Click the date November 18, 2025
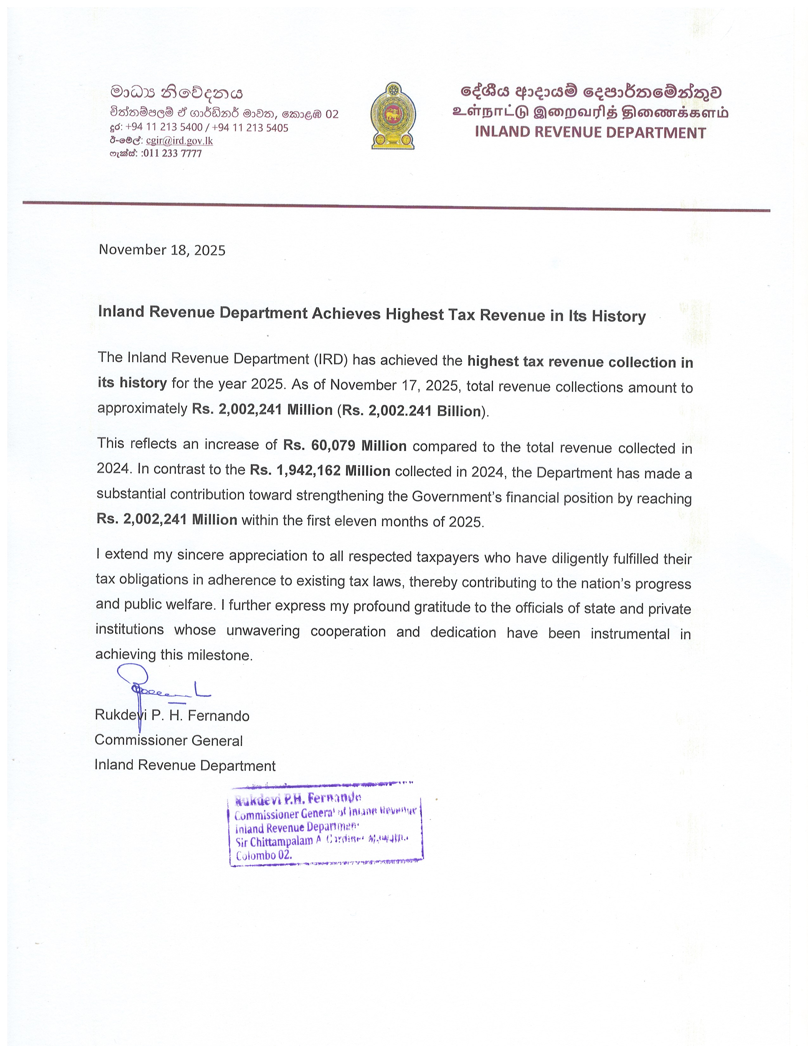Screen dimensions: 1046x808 (162, 250)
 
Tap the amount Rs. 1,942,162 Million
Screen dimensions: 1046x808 (320, 470)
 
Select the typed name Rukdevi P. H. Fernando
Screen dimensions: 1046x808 (172, 715)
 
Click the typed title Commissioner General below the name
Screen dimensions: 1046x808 (169, 740)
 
